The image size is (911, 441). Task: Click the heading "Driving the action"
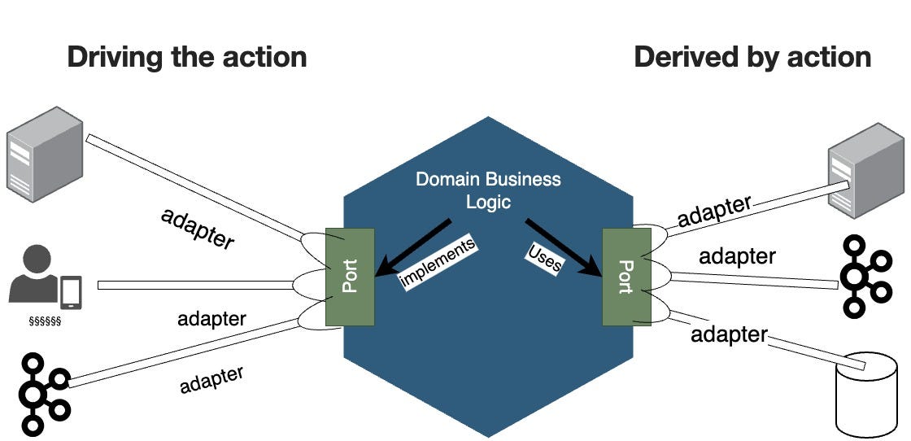[x=186, y=57]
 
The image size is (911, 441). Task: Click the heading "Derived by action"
[x=752, y=57]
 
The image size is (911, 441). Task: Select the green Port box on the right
[x=625, y=277]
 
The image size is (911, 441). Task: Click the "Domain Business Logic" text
[x=488, y=190]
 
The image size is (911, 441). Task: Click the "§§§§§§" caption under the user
[x=45, y=321]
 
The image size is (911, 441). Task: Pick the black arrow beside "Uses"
[x=564, y=247]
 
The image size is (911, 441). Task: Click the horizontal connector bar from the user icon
[x=195, y=285]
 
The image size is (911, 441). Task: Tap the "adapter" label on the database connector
[x=729, y=334]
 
